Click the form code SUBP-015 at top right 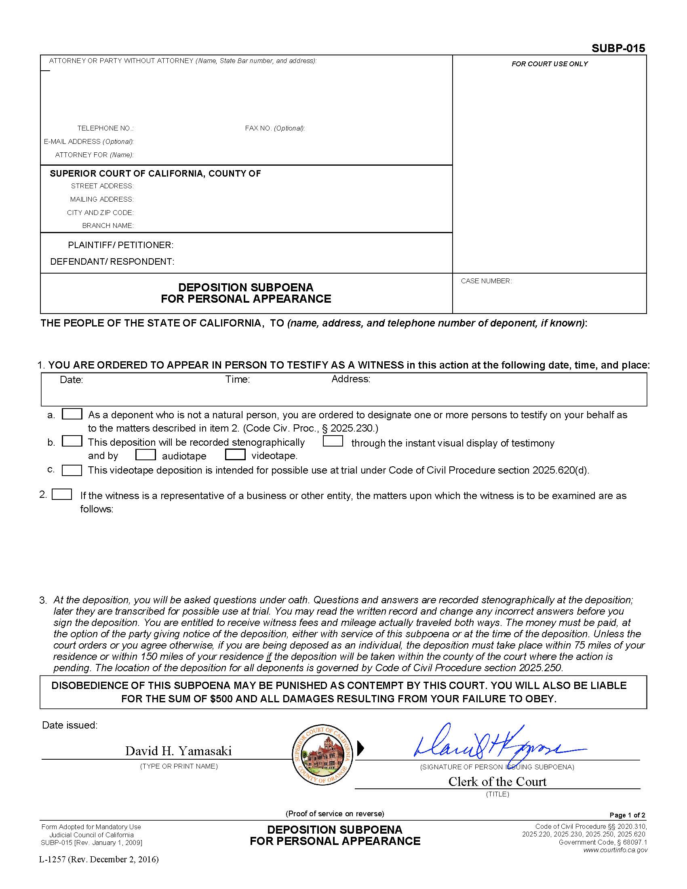[x=618, y=48]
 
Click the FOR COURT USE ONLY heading [x=550, y=64]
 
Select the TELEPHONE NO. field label [x=105, y=128]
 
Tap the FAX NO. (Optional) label [x=275, y=128]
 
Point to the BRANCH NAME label [x=108, y=225]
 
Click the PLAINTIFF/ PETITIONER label [x=120, y=245]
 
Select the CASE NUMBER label [x=486, y=281]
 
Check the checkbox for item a [x=72, y=414]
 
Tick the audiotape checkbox [x=145, y=455]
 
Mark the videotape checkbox [x=235, y=455]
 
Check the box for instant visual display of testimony [x=333, y=441]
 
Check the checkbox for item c [x=72, y=470]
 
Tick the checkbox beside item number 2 [x=62, y=495]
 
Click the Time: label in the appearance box [x=237, y=379]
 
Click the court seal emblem [x=322, y=755]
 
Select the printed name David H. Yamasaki [x=178, y=751]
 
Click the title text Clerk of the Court [x=497, y=782]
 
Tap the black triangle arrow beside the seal [x=360, y=748]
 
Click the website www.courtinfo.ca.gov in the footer [x=615, y=850]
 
